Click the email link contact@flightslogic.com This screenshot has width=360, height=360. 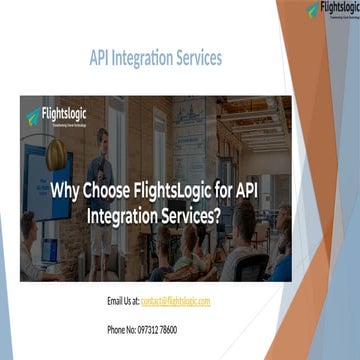pos(176,300)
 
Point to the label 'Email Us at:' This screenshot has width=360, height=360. pos(122,300)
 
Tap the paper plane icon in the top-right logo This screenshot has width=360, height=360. pos(313,10)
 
